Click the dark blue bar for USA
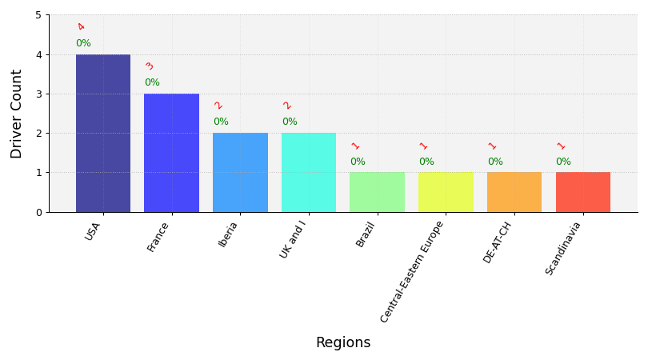[103, 133]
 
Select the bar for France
[171, 153]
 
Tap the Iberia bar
[240, 172]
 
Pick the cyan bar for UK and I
[309, 172]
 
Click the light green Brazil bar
[378, 192]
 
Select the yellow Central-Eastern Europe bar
[446, 192]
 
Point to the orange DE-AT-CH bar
[514, 192]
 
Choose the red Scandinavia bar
[583, 192]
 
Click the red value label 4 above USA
[81, 27]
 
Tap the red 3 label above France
[150, 66]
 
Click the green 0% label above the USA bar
[83, 43]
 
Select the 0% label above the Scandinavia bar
[563, 161]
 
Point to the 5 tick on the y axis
[39, 15]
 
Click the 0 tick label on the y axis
[39, 213]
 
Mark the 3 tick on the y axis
[39, 94]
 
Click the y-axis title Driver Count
[16, 114]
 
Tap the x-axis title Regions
[343, 342]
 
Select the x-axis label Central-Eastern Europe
[412, 271]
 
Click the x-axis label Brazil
[365, 234]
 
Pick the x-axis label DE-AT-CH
[497, 242]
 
